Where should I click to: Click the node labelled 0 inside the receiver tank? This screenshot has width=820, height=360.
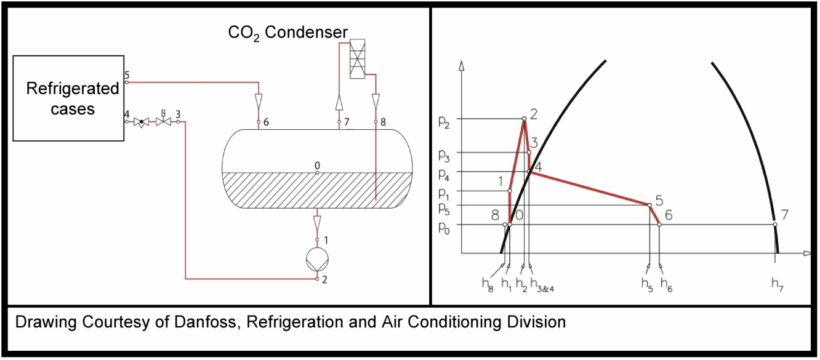point(317,172)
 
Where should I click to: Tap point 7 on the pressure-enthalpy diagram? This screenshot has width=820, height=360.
point(775,225)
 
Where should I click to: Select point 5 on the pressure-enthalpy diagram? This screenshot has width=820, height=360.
point(650,205)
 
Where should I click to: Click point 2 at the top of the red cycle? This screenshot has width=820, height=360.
point(524,119)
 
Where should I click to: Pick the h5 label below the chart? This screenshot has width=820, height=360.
point(646,284)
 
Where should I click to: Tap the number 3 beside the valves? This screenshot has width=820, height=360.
point(178,114)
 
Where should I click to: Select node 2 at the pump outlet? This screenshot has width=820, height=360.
point(317,279)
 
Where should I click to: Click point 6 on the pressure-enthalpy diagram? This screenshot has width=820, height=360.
point(659,225)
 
